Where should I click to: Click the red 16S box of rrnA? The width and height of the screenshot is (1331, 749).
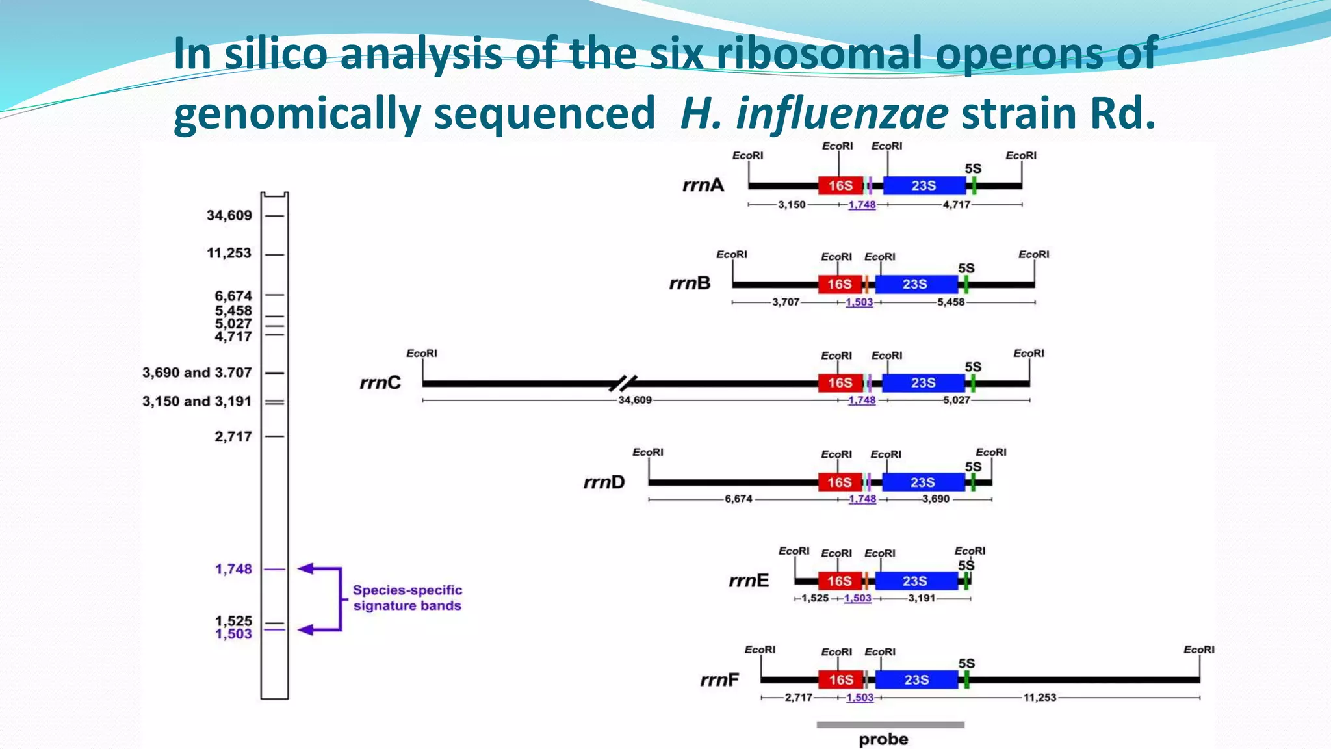pos(840,186)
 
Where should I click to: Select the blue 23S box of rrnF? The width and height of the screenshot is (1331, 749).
pos(916,680)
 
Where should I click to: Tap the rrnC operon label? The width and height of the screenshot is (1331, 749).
pos(380,383)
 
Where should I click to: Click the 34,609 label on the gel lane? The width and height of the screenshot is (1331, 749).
pos(229,215)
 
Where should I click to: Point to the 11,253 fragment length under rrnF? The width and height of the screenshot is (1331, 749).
pos(1040,698)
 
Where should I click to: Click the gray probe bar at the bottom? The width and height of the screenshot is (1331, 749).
pos(890,724)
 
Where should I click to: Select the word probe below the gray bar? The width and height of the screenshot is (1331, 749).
pos(883,740)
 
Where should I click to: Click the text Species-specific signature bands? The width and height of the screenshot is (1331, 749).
pos(407,598)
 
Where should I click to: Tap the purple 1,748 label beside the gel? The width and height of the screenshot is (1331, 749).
pos(233,570)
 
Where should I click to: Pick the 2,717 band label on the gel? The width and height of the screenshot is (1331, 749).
pos(233,437)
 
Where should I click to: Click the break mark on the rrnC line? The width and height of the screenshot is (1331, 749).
pos(623,383)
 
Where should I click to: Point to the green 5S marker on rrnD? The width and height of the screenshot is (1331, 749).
pos(973,482)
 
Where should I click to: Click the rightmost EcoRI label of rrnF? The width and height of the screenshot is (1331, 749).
pos(1198,650)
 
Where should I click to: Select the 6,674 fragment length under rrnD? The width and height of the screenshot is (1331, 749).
pos(738,499)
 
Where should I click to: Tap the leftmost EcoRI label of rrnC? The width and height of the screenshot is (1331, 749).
pos(422,353)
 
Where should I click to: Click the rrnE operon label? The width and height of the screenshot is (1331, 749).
pos(748,581)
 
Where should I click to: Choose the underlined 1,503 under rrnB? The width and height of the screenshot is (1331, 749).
pos(859,302)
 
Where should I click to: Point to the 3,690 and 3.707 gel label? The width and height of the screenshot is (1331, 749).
pos(196,373)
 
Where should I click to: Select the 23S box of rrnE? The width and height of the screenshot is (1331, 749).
pos(914,581)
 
